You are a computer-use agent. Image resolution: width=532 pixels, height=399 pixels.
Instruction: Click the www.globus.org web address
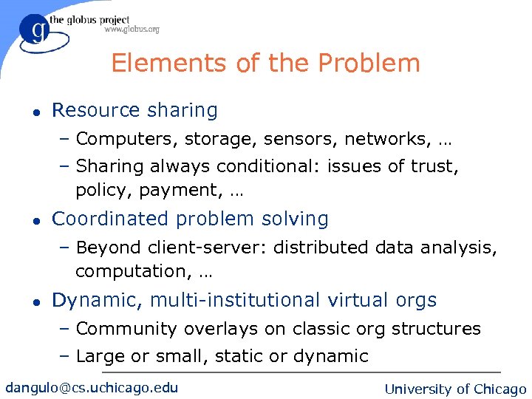pyautogui.click(x=132, y=30)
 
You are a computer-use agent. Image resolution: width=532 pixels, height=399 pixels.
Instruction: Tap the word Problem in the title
pyautogui.click(x=376, y=64)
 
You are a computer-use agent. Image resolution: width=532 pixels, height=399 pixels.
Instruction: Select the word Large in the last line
pyautogui.click(x=100, y=356)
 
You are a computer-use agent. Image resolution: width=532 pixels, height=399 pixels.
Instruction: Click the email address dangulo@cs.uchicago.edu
pyautogui.click(x=92, y=387)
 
